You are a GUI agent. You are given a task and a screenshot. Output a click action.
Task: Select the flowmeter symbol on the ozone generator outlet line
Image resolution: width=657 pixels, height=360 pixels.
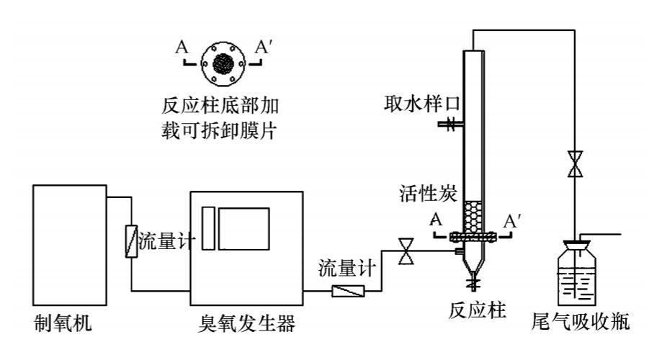[348, 291]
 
